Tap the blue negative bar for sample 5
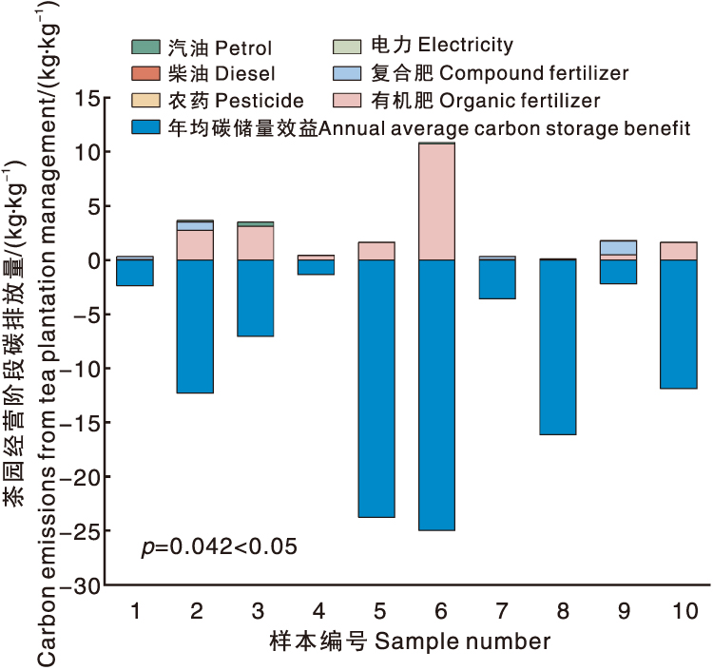pyautogui.click(x=376, y=388)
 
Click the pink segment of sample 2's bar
pyautogui.click(x=194, y=245)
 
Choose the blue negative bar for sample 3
pyautogui.click(x=255, y=297)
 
